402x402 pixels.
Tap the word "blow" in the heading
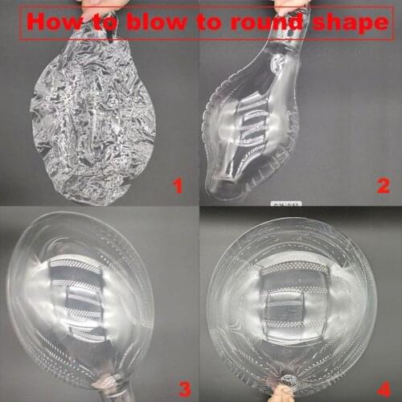[x=157, y=22]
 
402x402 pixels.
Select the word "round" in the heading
[x=267, y=22]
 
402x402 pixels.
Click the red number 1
[x=178, y=186]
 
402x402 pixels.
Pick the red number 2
[x=384, y=186]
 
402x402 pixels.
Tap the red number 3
[x=185, y=389]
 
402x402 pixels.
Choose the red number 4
[x=384, y=389]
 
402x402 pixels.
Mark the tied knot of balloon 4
[x=287, y=381]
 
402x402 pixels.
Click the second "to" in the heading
[x=209, y=22]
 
